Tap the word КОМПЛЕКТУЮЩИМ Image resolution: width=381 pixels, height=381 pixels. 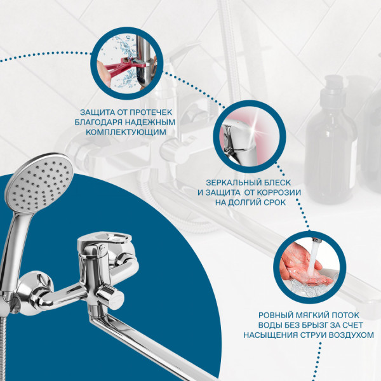click(126, 132)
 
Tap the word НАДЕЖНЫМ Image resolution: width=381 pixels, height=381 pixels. click(152, 122)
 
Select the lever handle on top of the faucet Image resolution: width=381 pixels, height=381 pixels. click(105, 239)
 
